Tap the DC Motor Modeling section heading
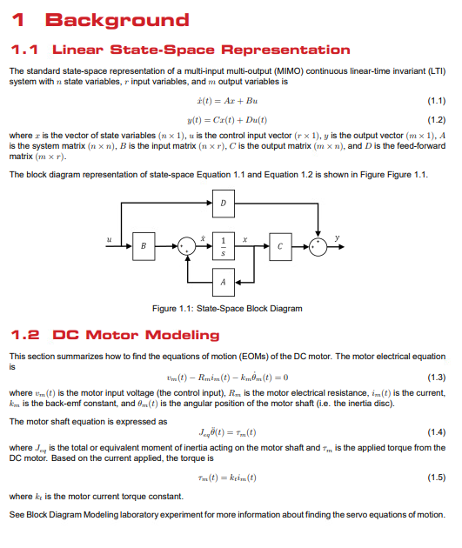[136, 335]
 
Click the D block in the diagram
[224, 204]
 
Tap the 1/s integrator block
[224, 247]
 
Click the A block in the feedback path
[224, 282]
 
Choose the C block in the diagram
[280, 247]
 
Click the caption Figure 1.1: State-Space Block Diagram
[227, 308]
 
